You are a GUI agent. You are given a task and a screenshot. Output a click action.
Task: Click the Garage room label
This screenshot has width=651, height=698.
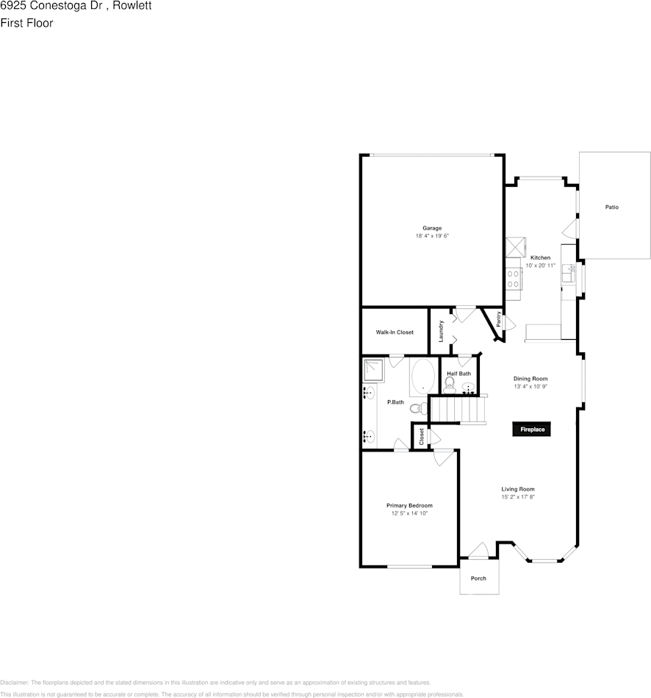[432, 228]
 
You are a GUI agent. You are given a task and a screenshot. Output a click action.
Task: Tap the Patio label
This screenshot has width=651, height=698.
[611, 207]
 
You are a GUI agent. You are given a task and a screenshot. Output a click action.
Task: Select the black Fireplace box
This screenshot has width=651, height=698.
[532, 430]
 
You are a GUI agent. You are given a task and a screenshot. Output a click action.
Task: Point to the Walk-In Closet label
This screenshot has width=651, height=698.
[395, 332]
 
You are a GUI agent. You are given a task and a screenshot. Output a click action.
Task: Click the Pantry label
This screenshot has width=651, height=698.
[499, 320]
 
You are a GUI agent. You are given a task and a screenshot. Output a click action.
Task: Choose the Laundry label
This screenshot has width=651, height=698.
[441, 331]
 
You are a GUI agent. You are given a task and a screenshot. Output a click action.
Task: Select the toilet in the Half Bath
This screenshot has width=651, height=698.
[450, 385]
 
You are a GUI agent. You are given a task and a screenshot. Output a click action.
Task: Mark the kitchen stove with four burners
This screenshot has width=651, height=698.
[513, 278]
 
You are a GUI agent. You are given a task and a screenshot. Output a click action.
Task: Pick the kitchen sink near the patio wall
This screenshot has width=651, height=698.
[567, 274]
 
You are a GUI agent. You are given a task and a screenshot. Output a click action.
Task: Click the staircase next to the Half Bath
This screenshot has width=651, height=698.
[458, 408]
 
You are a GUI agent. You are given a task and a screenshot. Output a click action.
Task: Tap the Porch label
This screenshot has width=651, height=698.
[478, 578]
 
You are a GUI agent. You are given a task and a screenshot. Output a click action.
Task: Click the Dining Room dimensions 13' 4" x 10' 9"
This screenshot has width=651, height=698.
[530, 386]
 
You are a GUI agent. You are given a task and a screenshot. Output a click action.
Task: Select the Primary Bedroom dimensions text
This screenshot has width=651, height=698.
[409, 513]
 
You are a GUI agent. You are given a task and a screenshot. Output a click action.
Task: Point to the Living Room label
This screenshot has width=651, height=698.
[518, 489]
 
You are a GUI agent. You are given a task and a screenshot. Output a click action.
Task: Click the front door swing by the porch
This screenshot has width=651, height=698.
[478, 550]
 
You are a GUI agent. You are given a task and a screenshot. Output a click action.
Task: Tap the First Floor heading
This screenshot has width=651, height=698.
[26, 23]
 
